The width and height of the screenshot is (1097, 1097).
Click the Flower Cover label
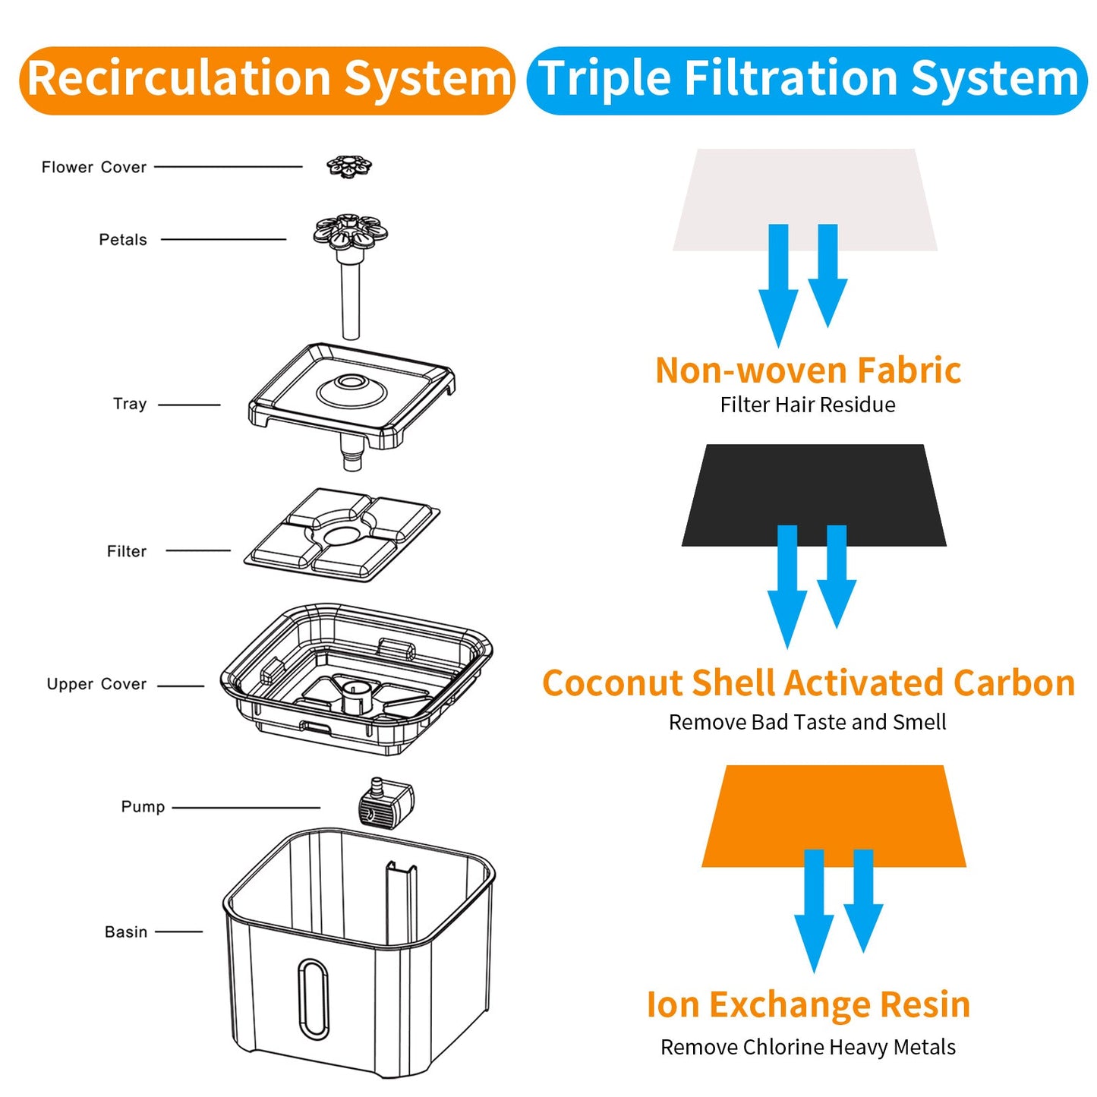pos(93,167)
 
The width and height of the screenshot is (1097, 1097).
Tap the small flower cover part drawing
pos(349,165)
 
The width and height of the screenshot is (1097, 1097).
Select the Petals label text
pos(122,240)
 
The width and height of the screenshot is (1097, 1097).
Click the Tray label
pos(130,404)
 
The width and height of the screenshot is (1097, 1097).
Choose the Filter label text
pos(126,551)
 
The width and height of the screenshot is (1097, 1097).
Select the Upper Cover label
pos(96,684)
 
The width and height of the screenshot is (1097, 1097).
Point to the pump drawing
pos(385,804)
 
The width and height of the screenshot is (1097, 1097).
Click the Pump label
pos(143,806)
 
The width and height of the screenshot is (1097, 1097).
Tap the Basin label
pos(126,932)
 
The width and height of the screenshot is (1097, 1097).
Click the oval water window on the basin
pos(313,998)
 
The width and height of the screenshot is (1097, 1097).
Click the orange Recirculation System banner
pos(267,80)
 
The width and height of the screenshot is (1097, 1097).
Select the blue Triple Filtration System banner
pos(807,80)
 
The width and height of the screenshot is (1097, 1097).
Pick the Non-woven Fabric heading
pos(808,370)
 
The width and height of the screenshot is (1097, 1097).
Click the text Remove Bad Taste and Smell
pos(807,722)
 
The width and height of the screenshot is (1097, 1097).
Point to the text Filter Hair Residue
pos(807,405)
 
